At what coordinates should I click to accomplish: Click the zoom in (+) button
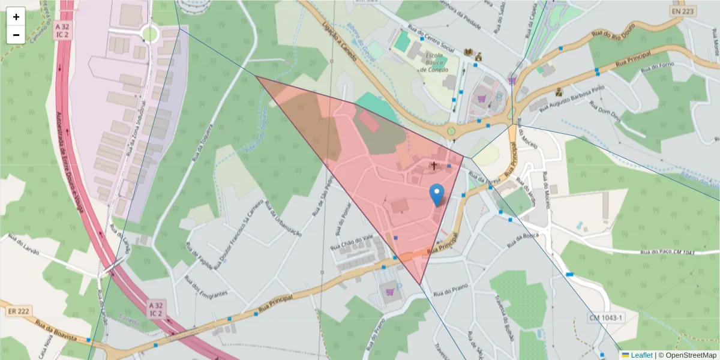(x=16, y=17)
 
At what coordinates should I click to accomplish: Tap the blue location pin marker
(x=437, y=194)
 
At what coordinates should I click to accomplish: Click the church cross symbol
(x=433, y=165)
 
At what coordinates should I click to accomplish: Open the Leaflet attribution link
(x=641, y=355)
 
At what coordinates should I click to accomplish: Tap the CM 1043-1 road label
(x=606, y=317)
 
